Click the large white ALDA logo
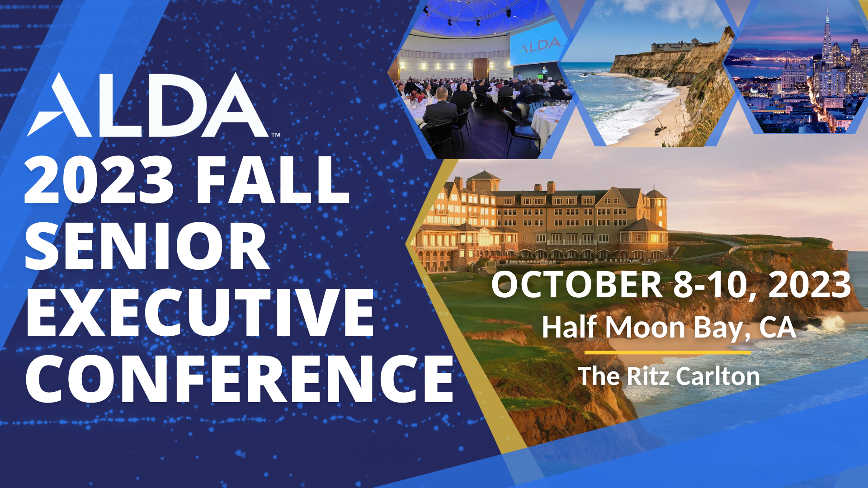coord(149,105)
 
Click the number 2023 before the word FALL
coord(99,179)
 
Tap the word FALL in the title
coord(273,179)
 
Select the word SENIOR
coord(147,246)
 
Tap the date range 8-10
coord(710,286)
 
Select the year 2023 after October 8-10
coord(810,285)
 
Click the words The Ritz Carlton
coord(669,376)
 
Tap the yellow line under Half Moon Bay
coord(668,352)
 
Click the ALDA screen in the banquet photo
coord(539,44)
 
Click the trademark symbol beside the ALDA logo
coord(276,134)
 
